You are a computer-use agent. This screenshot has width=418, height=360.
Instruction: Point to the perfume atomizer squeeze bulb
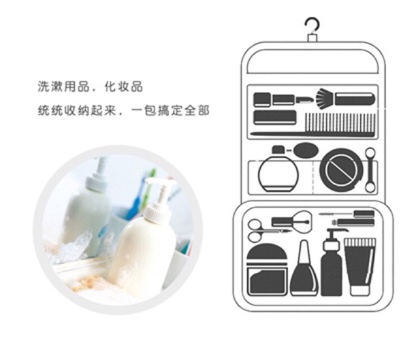[306, 151]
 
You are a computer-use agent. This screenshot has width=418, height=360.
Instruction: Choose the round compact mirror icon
[342, 170]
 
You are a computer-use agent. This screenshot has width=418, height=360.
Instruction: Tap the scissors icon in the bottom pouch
[255, 231]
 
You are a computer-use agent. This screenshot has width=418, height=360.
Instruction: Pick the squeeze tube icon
[360, 267]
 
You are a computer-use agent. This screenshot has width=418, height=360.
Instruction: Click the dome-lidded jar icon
[267, 269]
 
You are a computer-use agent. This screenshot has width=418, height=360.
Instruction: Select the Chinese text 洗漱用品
[64, 87]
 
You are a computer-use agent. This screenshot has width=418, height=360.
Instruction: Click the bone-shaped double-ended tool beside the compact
[370, 170]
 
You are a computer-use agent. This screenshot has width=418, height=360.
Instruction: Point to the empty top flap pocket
[313, 61]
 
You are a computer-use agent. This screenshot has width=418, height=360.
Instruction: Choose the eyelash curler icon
[292, 222]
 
